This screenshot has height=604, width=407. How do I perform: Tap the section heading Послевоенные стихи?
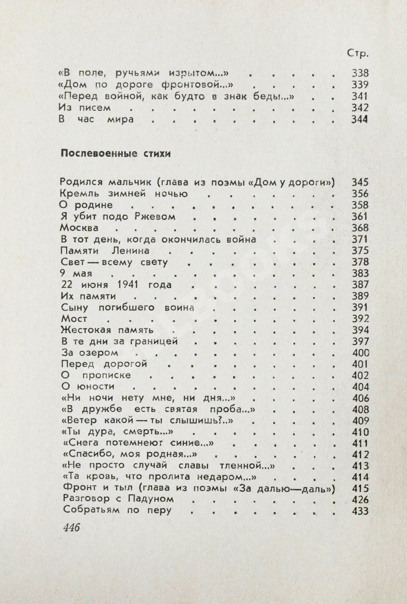point(116,154)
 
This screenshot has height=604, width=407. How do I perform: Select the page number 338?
point(360,73)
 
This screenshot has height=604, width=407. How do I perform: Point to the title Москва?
point(79,228)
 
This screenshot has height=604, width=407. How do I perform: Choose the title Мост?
point(74,319)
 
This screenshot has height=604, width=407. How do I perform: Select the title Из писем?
point(85,108)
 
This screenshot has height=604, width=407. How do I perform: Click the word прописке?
point(107,375)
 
